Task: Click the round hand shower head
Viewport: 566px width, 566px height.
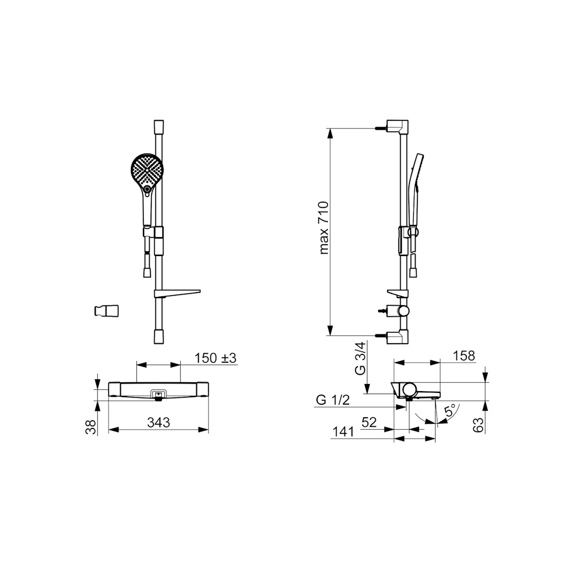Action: (146, 170)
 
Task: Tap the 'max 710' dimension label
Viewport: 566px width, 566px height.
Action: (324, 228)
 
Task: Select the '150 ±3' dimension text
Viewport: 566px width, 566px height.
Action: (215, 358)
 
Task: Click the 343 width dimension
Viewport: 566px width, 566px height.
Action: (158, 422)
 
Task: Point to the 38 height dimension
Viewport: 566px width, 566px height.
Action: (92, 427)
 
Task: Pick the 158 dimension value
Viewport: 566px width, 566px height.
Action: (464, 356)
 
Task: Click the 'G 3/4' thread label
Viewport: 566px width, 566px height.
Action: (360, 359)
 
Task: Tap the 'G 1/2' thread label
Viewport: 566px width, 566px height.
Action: (333, 400)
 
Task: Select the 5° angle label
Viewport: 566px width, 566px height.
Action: (450, 411)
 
